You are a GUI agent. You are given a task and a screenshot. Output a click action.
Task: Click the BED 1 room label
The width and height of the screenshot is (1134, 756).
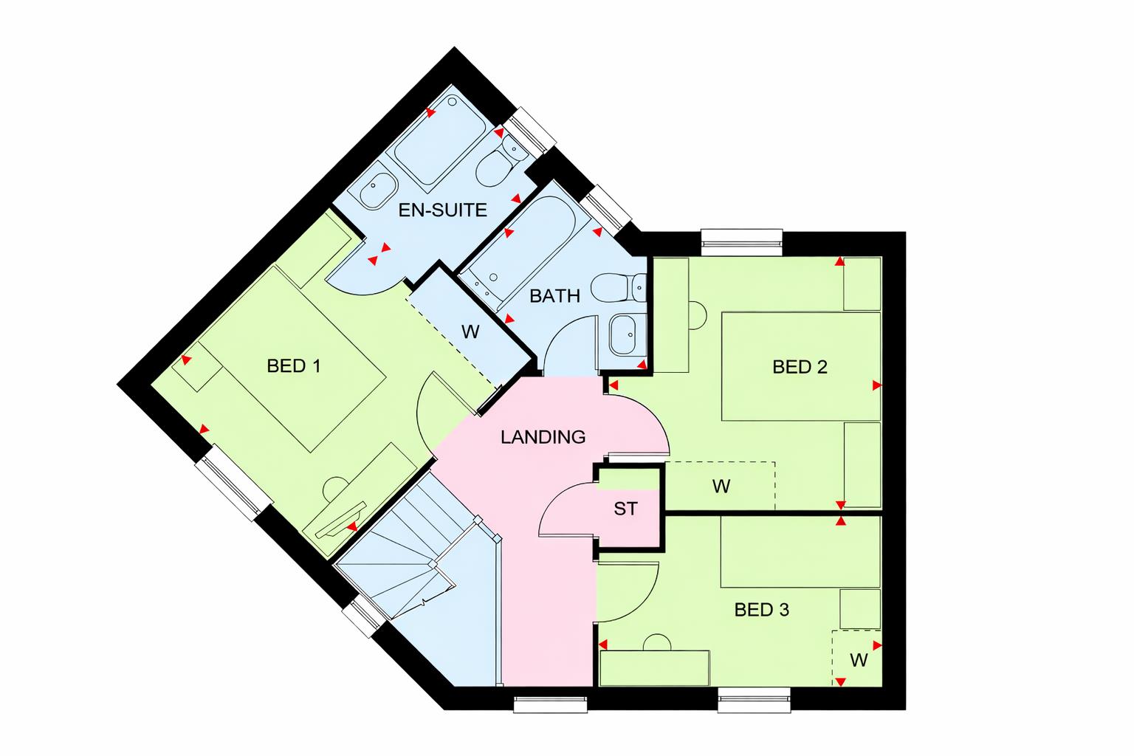293,365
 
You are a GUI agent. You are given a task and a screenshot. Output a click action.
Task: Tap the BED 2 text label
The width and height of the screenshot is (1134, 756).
800,366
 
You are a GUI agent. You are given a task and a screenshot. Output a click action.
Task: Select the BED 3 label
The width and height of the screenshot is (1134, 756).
761,610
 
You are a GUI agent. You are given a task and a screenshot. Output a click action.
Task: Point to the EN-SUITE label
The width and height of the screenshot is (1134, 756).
442,210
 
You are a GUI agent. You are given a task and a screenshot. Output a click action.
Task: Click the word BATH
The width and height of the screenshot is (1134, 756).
554,296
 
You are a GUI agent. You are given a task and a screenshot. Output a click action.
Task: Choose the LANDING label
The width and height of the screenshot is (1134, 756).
543,437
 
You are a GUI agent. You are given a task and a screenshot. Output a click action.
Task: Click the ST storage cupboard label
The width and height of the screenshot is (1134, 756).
625,509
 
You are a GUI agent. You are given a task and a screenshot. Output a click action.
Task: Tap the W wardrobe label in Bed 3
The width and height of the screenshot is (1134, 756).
858,660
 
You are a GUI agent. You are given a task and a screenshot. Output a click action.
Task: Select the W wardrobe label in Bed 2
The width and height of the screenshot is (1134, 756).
721,487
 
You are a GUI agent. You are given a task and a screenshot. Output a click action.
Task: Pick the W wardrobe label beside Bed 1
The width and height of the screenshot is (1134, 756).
470,332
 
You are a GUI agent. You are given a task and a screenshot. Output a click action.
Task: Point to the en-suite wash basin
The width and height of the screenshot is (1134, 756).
377,191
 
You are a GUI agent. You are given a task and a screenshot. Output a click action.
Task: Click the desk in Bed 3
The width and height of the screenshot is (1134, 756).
654,667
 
